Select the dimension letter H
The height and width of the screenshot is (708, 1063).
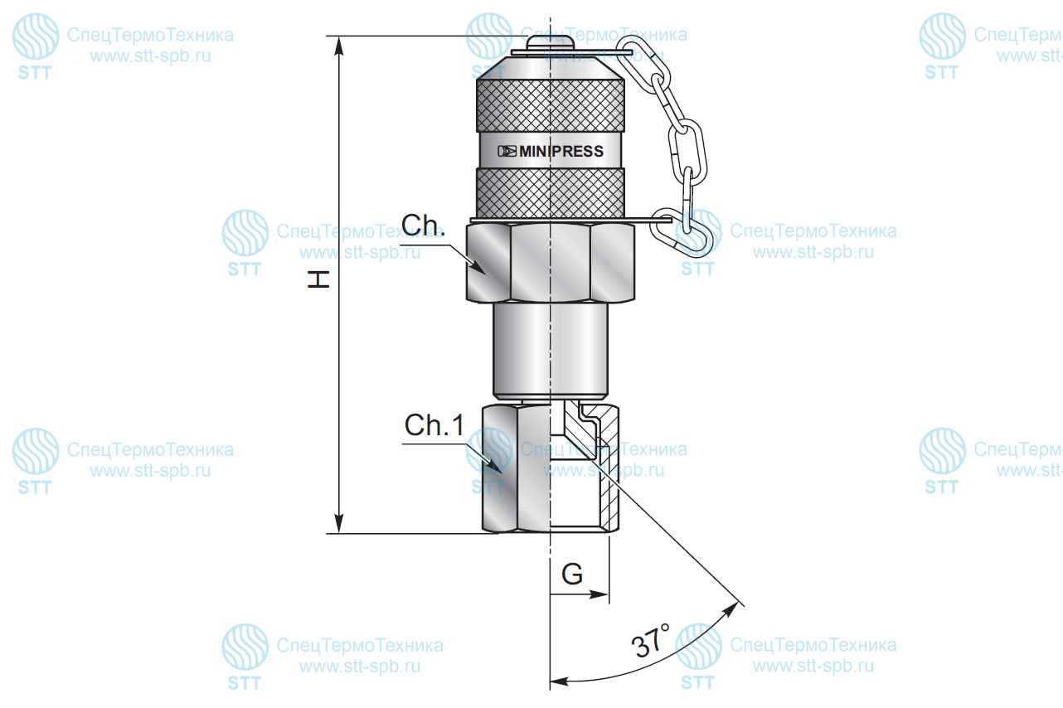(x=318, y=279)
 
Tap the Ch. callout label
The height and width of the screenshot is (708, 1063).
(x=424, y=225)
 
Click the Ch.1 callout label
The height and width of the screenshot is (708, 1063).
(x=434, y=424)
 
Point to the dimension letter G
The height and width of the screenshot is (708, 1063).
(x=572, y=575)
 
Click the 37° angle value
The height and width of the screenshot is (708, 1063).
(x=650, y=640)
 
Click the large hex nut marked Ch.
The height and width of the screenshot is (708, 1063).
(x=551, y=263)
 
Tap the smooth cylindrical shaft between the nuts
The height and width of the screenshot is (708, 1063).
(x=551, y=352)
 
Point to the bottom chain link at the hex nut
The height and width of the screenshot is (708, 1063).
(x=681, y=233)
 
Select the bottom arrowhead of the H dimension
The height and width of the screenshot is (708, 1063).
(x=338, y=523)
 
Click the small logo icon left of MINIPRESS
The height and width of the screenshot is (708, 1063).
(x=507, y=152)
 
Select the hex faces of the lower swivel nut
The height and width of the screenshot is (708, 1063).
(x=517, y=468)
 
